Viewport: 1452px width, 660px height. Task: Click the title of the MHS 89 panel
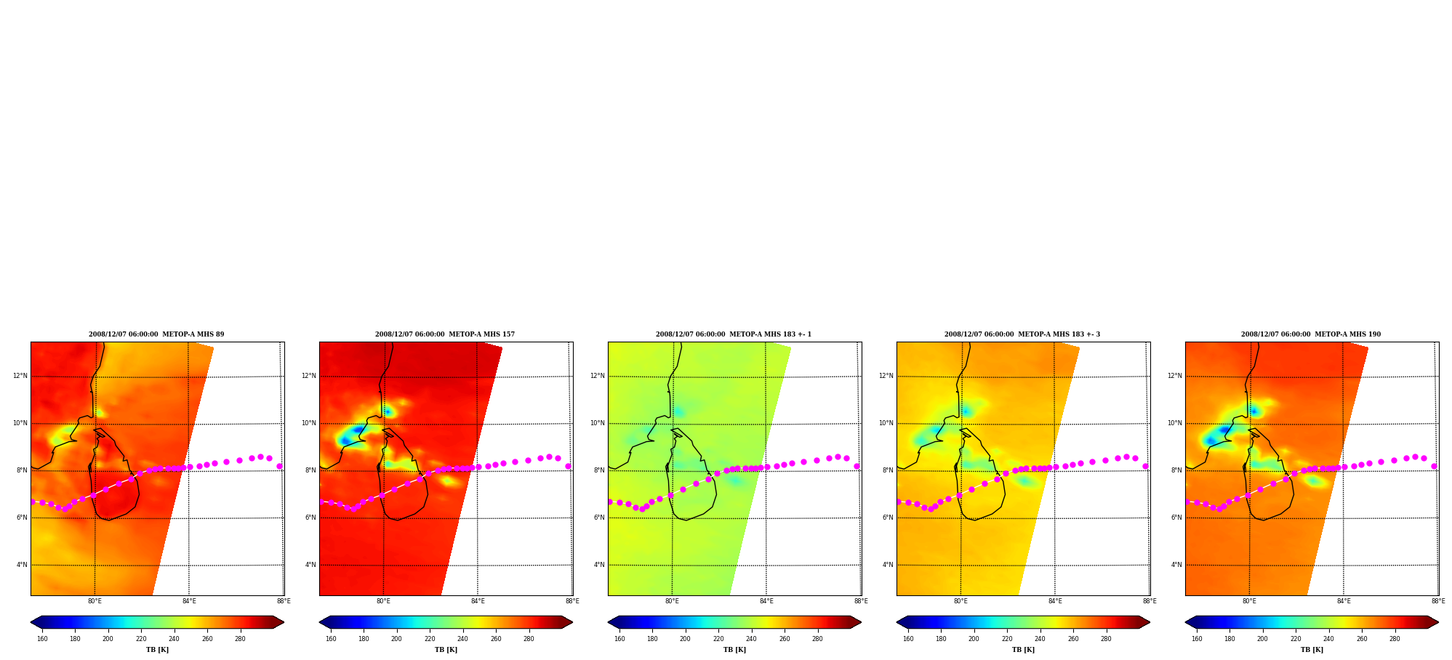(156, 334)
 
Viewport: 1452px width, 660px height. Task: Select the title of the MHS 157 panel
(445, 334)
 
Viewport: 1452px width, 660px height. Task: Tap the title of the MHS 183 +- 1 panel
(734, 334)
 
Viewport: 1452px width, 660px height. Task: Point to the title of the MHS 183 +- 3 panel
(1022, 334)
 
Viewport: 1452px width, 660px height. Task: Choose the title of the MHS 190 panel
(1311, 334)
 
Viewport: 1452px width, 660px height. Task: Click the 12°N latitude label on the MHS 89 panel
(20, 376)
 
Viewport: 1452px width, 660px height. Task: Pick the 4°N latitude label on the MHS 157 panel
(310, 565)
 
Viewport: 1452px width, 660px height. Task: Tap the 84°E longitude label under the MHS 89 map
(189, 601)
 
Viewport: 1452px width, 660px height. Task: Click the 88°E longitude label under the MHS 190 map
(1438, 601)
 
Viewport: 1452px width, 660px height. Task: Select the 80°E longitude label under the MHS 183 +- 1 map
(672, 601)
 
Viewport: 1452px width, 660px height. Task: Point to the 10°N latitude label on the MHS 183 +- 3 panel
(886, 423)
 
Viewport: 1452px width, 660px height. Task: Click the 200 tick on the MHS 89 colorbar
(108, 639)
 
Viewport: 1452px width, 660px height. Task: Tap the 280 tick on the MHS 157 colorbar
(529, 639)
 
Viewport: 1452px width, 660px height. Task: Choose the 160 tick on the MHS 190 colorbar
(1197, 639)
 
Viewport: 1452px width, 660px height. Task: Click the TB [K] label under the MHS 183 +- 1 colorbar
(734, 650)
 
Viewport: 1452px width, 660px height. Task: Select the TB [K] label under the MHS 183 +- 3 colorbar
(1023, 650)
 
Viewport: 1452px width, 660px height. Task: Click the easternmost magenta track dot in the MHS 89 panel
(279, 466)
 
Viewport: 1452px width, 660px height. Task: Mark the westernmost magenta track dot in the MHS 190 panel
(1188, 502)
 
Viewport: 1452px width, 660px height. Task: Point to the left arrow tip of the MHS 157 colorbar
(320, 622)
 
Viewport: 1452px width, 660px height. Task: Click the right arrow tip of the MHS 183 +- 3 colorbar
(1150, 622)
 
